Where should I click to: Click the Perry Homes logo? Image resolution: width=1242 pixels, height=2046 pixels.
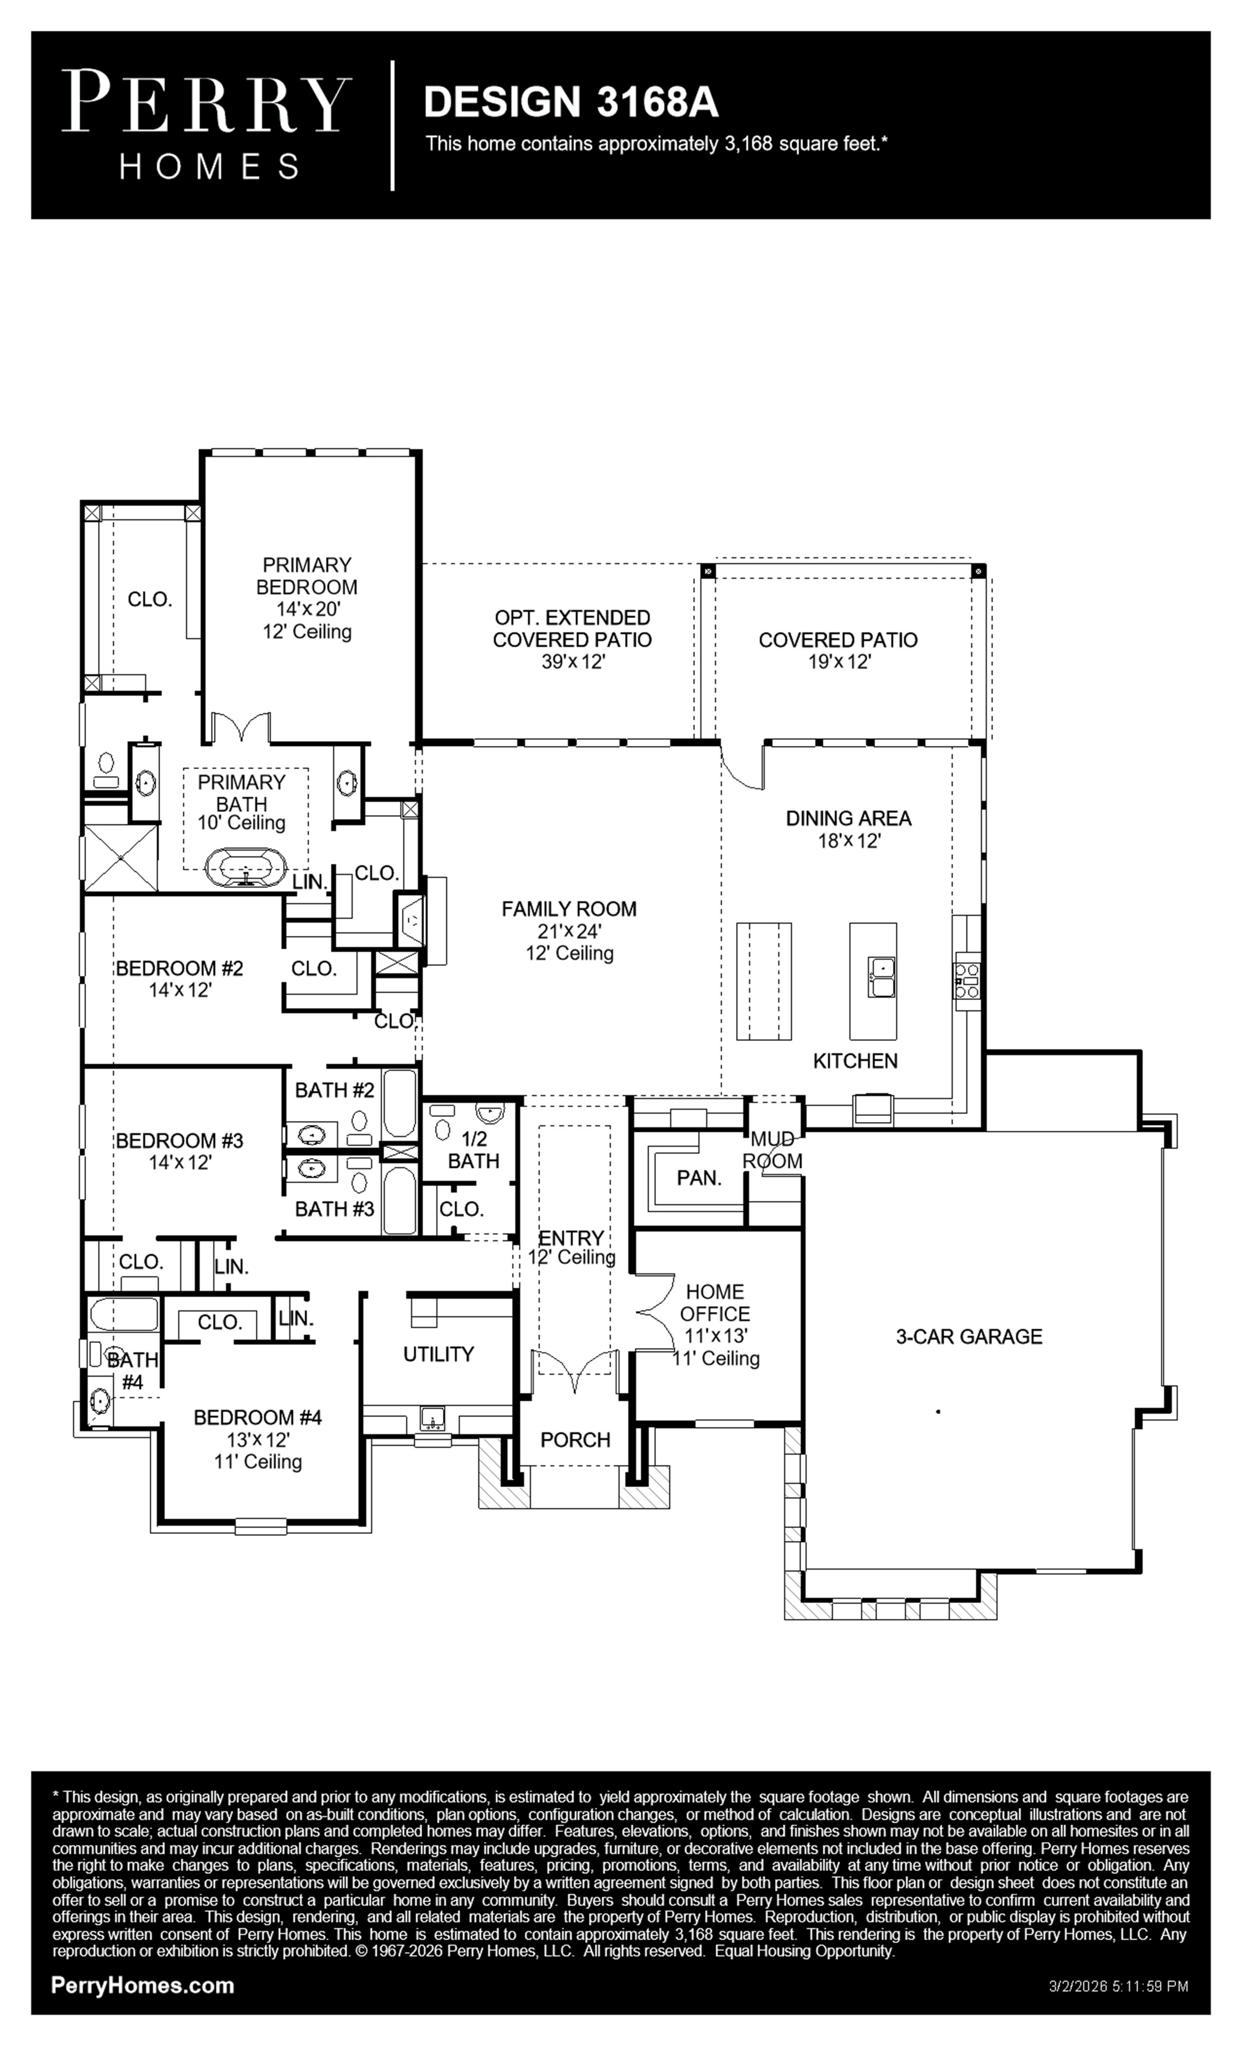coord(207,125)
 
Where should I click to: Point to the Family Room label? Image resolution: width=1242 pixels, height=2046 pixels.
coord(569,909)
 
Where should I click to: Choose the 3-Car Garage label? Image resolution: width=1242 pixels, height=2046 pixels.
coord(969,1336)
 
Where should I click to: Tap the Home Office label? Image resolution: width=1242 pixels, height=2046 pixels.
coord(715,1302)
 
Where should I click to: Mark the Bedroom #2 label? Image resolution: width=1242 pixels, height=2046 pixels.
coord(179,968)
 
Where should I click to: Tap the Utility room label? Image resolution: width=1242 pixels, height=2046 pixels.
coord(438,1354)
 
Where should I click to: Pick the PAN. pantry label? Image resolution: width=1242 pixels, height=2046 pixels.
coord(699,1177)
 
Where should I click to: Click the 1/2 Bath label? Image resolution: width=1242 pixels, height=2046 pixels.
coord(473,1150)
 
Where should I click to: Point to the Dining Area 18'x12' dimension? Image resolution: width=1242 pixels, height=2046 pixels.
coord(848,840)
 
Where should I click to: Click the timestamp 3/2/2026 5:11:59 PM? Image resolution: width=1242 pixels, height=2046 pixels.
coord(1118,1987)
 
